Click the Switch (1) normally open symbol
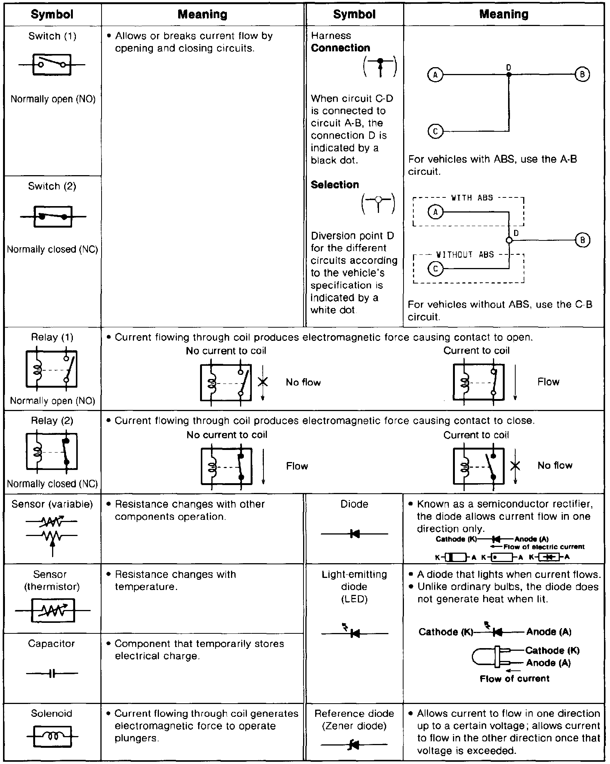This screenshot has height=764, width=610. [52, 65]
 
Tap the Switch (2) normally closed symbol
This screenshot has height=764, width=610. [53, 217]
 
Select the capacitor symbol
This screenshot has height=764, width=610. [52, 673]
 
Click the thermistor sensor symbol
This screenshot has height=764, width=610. [53, 610]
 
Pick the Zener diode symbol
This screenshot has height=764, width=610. [354, 745]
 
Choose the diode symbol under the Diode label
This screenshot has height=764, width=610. [354, 534]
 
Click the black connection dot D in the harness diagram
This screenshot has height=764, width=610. [508, 75]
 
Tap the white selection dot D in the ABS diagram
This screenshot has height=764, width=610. [509, 240]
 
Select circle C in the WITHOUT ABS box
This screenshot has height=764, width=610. [436, 269]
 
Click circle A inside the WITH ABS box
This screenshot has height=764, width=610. [436, 212]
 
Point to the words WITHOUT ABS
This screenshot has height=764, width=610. [465, 255]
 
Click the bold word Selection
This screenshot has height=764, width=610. [335, 185]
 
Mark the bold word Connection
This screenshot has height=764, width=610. [340, 48]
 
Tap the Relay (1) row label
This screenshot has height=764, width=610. [52, 337]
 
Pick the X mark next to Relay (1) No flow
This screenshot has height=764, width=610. [263, 382]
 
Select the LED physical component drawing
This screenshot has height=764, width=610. [491, 657]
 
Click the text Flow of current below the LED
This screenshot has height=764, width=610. [514, 679]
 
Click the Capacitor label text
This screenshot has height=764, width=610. [51, 644]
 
